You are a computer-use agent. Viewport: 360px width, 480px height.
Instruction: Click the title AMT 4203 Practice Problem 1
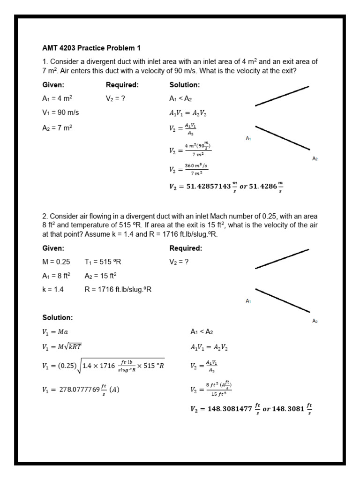point(91,48)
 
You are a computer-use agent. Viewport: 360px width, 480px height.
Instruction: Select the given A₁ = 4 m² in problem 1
point(57,98)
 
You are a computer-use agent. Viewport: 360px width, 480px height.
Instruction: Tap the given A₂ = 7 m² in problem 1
point(57,127)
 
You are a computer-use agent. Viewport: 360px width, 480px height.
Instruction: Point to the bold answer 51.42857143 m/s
point(226,187)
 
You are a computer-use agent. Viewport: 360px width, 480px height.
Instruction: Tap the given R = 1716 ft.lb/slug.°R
point(118,289)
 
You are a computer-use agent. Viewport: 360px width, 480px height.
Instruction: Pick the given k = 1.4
point(52,289)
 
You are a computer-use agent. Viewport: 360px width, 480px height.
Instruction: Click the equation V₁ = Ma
point(55,332)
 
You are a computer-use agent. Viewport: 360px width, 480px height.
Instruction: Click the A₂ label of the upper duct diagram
point(315,158)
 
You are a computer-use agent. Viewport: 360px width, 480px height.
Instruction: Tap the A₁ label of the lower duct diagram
point(248,301)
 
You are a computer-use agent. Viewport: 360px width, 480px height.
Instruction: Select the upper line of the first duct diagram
point(282,96)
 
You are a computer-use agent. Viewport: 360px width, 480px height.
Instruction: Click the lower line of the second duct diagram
point(282,300)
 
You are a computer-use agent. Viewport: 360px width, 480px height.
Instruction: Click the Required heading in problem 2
point(186,248)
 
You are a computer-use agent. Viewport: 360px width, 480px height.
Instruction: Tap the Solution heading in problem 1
point(184,85)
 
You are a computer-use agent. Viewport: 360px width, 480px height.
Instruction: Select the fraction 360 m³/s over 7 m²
point(196,169)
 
